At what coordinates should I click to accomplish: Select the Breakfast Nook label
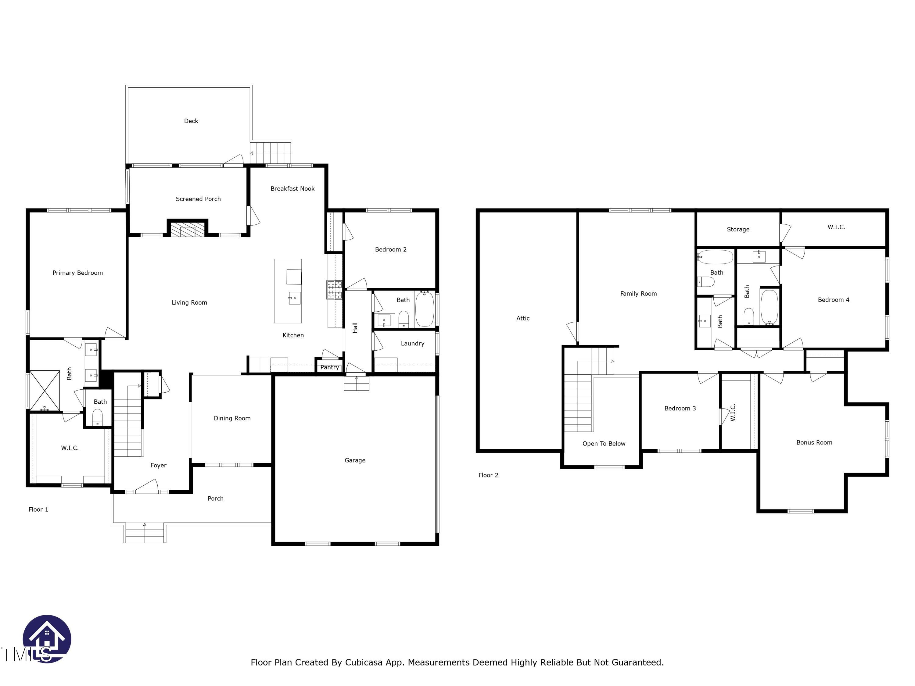(292, 188)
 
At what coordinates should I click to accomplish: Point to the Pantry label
(329, 367)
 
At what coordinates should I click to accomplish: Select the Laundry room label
(412, 343)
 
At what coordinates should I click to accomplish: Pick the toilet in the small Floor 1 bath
(97, 416)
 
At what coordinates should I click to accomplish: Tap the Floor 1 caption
(38, 509)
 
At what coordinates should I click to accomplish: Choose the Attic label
(522, 318)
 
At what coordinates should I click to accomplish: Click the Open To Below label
(604, 444)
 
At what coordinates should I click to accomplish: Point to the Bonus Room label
(814, 442)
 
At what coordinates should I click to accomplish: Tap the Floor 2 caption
(488, 475)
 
